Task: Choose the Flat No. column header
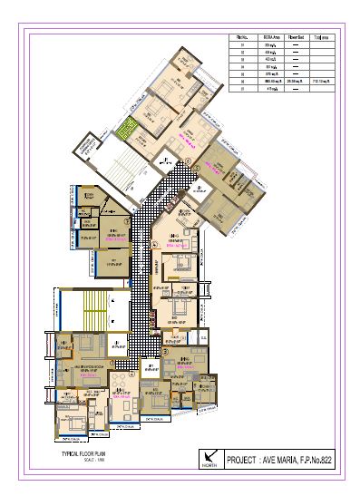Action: click(x=242, y=37)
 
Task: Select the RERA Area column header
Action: click(x=269, y=37)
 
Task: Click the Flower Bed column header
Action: click(x=295, y=37)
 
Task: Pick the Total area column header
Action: click(x=321, y=37)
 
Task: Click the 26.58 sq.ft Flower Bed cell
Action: click(x=295, y=82)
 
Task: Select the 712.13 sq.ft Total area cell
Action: click(x=321, y=82)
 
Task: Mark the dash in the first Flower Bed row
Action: click(x=295, y=45)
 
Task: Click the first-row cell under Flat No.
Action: click(x=242, y=45)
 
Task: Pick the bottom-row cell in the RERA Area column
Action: click(x=269, y=90)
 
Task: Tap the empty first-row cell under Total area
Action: click(x=321, y=45)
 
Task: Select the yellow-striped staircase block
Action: click(x=93, y=313)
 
